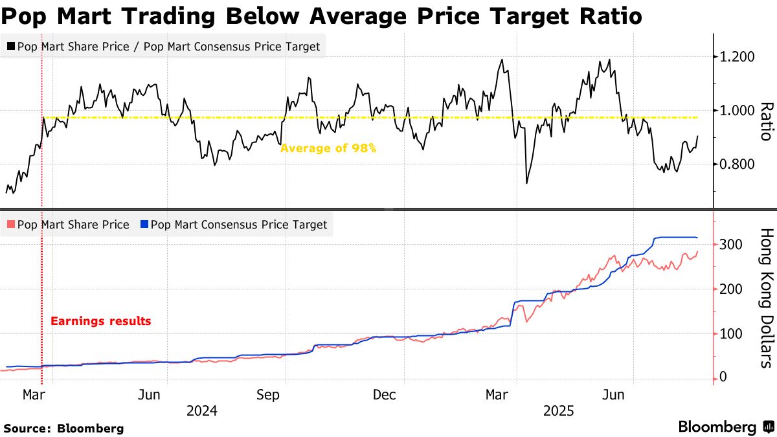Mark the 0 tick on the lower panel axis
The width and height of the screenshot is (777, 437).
[x=723, y=377]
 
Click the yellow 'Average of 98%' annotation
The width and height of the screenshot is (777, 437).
[x=328, y=148]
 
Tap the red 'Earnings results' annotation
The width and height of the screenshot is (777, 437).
[x=100, y=320]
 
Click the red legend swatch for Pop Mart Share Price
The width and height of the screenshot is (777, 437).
[x=10, y=225]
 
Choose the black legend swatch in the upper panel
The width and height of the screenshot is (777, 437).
[x=10, y=47]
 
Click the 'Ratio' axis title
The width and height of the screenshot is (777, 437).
[x=765, y=121]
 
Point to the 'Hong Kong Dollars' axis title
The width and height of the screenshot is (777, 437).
[x=765, y=297]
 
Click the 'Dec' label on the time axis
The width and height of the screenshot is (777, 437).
[x=385, y=395]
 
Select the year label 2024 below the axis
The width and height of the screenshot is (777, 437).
[x=201, y=410]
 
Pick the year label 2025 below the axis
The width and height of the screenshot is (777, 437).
[x=557, y=410]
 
